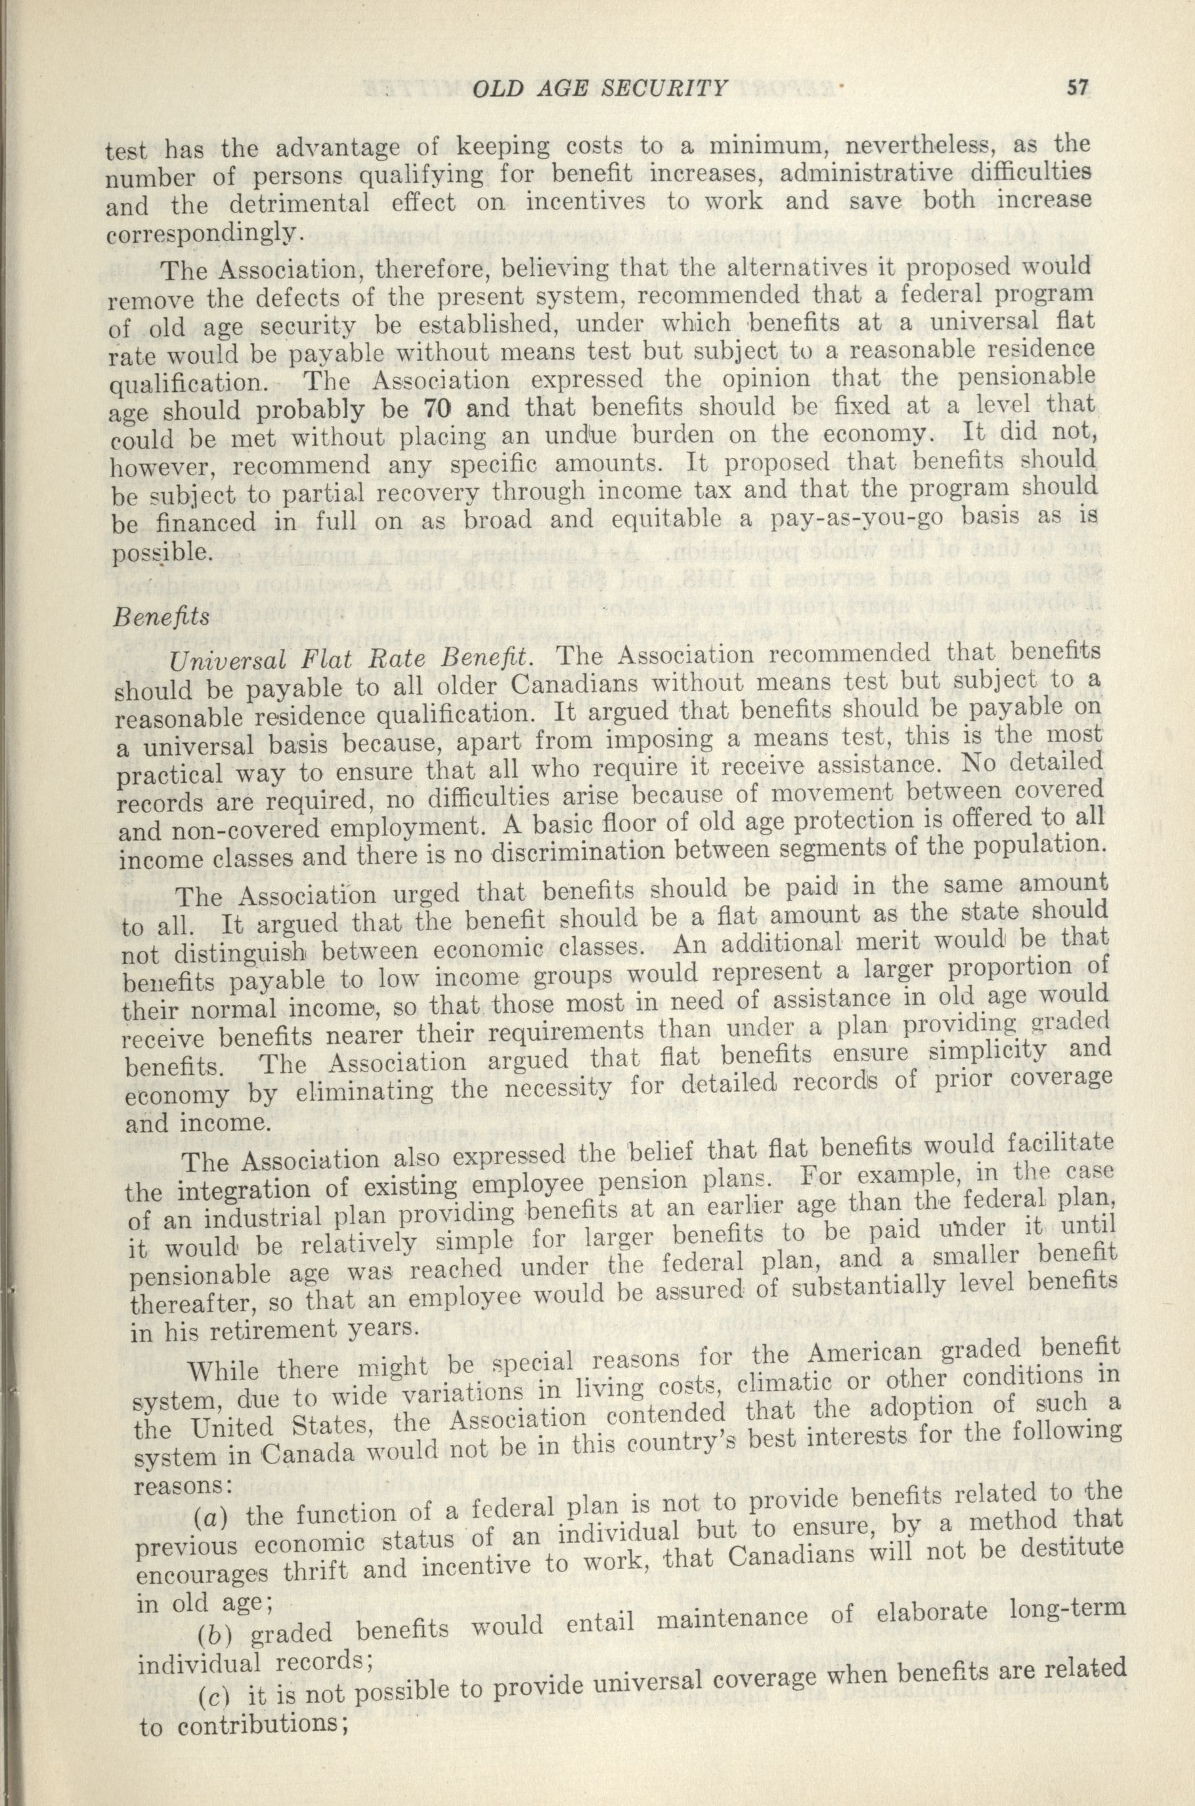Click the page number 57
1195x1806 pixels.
pyautogui.click(x=1075, y=90)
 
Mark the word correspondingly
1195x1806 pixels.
pyautogui.click(x=200, y=232)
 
